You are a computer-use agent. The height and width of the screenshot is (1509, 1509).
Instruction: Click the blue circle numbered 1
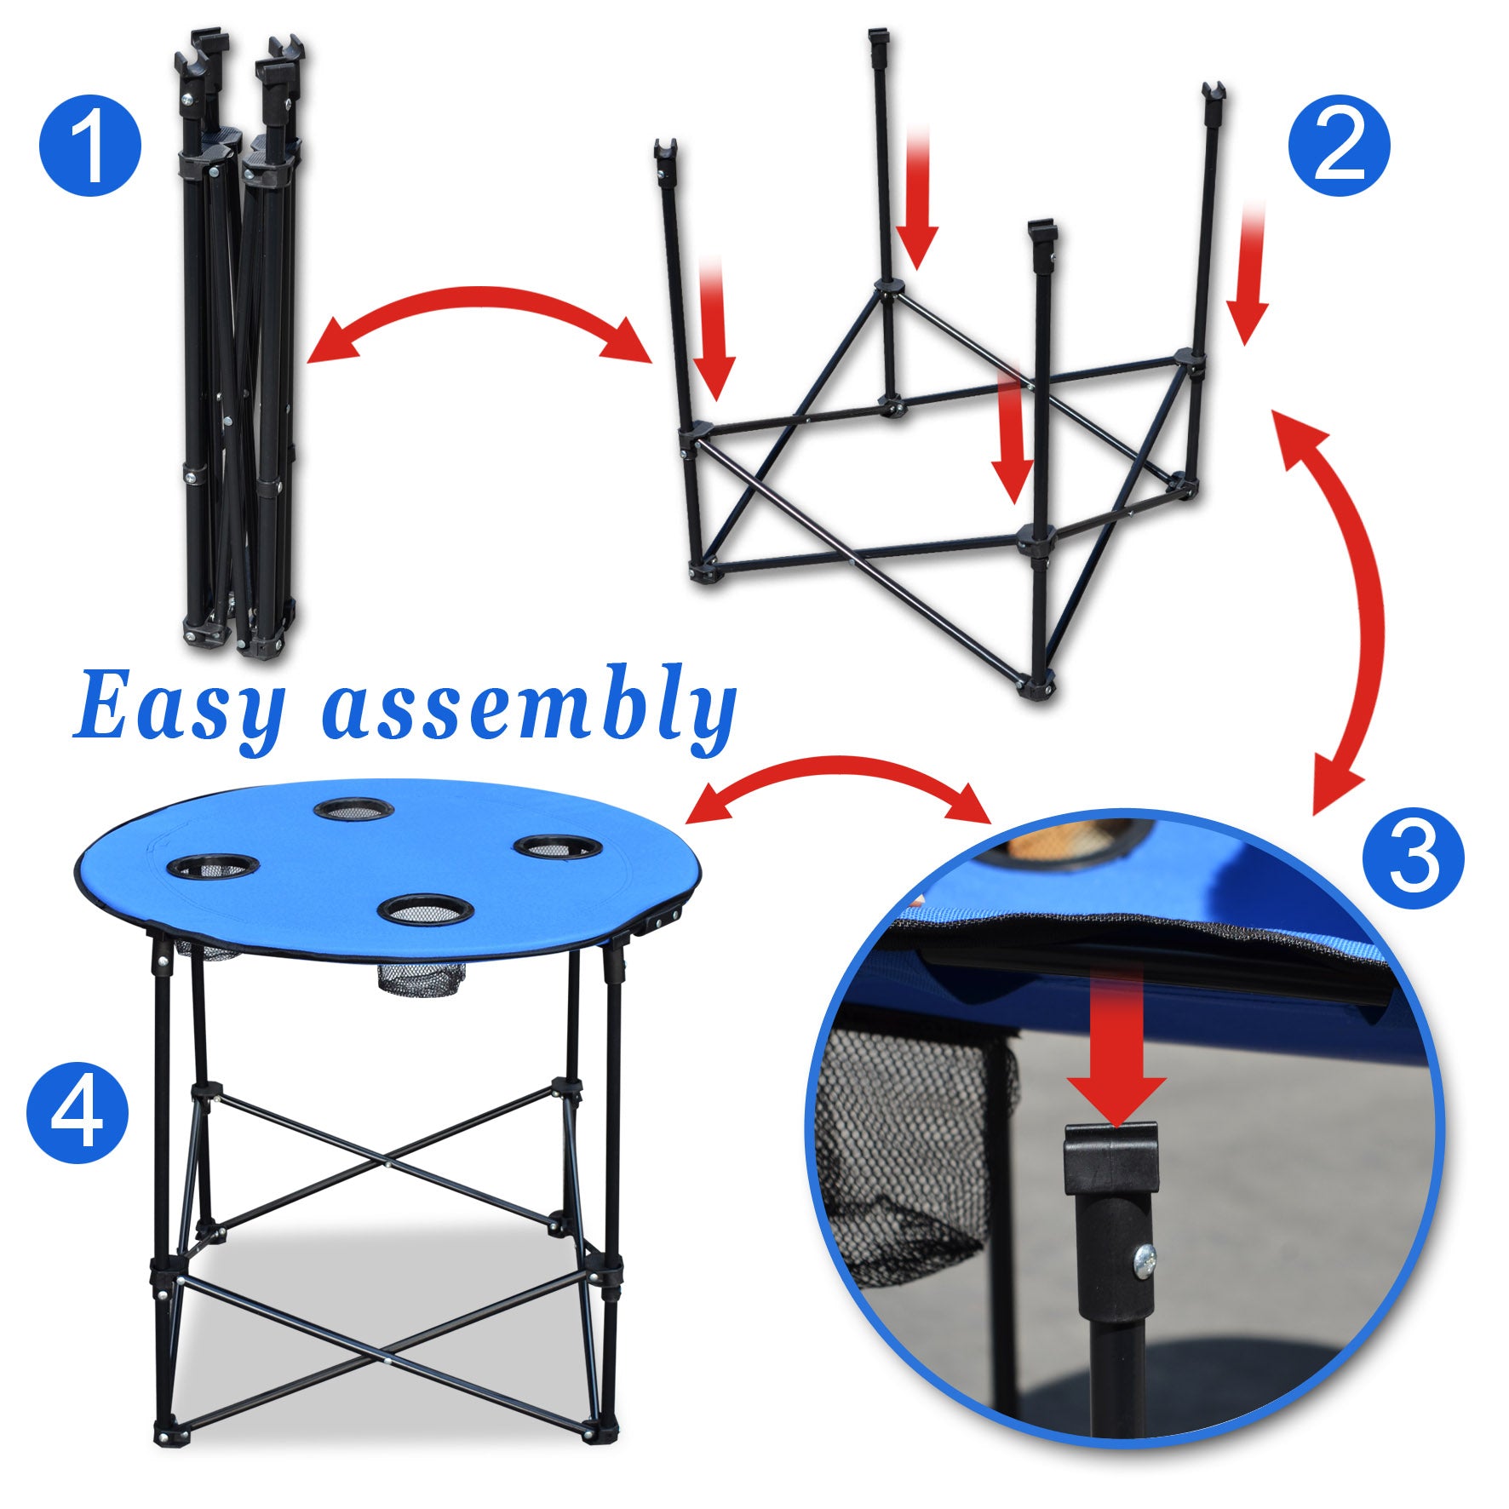pos(89,146)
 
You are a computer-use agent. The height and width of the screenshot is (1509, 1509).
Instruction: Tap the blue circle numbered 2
pos(1339,146)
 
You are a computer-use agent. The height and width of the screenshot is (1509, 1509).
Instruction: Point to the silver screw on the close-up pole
pos(1145,1258)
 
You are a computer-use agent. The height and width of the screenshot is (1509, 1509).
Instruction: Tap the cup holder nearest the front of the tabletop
pos(425,909)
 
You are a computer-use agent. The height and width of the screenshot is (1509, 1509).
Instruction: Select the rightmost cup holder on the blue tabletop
pos(558,847)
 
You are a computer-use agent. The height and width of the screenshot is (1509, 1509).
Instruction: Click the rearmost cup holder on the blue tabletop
pos(353,808)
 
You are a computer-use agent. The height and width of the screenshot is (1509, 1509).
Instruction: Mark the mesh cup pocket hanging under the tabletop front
pos(419,979)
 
